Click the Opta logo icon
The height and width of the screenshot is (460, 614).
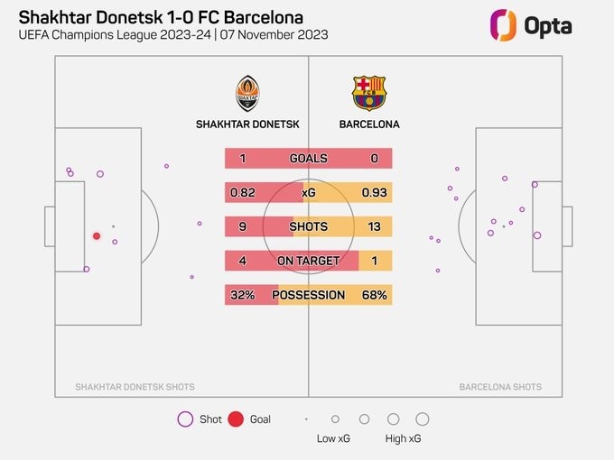click(502, 25)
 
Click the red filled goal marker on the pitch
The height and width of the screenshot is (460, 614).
click(97, 236)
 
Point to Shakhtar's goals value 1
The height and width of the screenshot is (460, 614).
click(243, 159)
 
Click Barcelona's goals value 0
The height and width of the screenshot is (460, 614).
click(374, 159)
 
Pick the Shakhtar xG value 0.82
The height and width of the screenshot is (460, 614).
click(245, 193)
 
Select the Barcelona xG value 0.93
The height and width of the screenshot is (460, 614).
click(374, 193)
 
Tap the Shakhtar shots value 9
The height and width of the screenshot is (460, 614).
click(243, 227)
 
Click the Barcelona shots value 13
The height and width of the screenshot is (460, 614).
click(374, 227)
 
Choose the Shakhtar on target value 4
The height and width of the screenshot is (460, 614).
click(243, 261)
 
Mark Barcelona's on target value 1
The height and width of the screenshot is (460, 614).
click(374, 261)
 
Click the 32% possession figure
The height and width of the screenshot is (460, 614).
click(242, 295)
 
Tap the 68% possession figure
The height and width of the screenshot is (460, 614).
click(374, 295)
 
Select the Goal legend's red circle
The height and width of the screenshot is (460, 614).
click(236, 419)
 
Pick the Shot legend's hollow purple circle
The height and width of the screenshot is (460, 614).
click(185, 419)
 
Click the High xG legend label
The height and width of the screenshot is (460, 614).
click(403, 438)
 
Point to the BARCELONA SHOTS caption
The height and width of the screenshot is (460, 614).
click(500, 387)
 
